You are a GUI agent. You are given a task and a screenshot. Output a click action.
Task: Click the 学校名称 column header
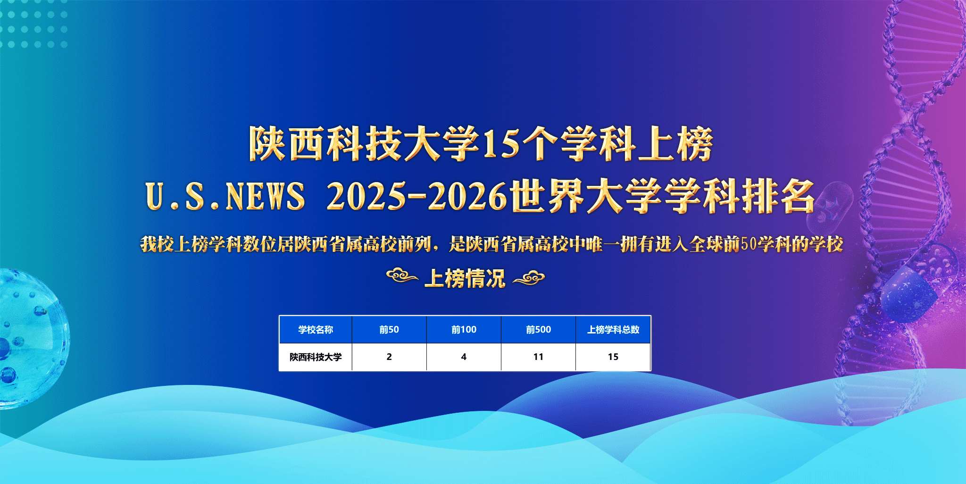(x=316, y=330)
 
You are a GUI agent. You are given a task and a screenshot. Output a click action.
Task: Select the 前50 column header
(x=389, y=330)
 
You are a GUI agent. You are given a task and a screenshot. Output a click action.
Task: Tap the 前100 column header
(x=464, y=330)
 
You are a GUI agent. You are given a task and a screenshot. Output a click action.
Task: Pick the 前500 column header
(x=538, y=330)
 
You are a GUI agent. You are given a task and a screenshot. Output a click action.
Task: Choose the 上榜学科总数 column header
(x=613, y=330)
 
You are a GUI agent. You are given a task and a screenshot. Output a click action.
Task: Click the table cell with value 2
(x=389, y=357)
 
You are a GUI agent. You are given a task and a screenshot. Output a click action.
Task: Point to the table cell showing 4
(x=464, y=357)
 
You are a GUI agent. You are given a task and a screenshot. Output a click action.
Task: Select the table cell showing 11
(x=538, y=357)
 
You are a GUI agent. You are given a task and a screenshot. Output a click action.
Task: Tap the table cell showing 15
(x=613, y=357)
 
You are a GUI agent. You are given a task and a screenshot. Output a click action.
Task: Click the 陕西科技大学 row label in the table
(x=316, y=357)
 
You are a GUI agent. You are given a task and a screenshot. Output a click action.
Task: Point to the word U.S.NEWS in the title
(x=225, y=196)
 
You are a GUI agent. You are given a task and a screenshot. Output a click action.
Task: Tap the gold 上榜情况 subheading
(x=465, y=278)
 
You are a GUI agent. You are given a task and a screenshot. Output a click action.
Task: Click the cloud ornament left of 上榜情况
(x=402, y=275)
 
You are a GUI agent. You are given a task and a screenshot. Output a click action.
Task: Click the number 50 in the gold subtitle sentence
(x=748, y=244)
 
